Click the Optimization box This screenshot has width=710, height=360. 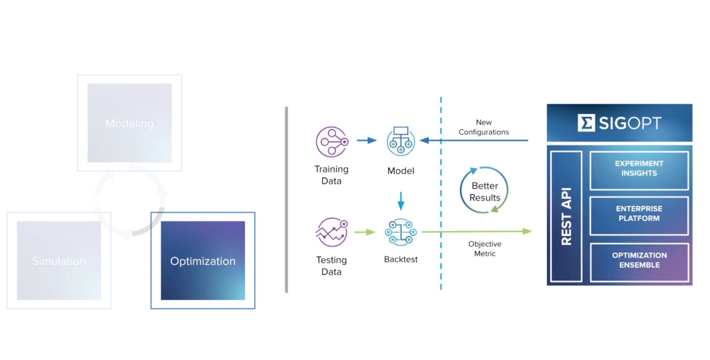point(203,260)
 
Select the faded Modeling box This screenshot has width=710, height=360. point(129,123)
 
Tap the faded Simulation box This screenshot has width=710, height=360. point(59,260)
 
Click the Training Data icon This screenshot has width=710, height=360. point(332,142)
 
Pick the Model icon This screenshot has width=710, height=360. point(401,140)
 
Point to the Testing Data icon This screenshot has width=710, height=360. point(332,232)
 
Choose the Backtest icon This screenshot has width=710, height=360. point(401,232)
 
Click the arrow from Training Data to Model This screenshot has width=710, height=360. point(366,140)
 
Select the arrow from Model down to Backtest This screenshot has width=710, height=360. point(401,201)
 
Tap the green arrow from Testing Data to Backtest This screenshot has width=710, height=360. point(365,232)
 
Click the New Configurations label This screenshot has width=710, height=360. point(484,127)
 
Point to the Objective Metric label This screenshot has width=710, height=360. point(485,249)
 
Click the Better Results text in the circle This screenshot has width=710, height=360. point(485,192)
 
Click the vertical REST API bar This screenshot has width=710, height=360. point(566,216)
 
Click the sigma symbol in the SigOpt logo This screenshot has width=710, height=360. point(586,123)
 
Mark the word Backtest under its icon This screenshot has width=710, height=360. point(401,259)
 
